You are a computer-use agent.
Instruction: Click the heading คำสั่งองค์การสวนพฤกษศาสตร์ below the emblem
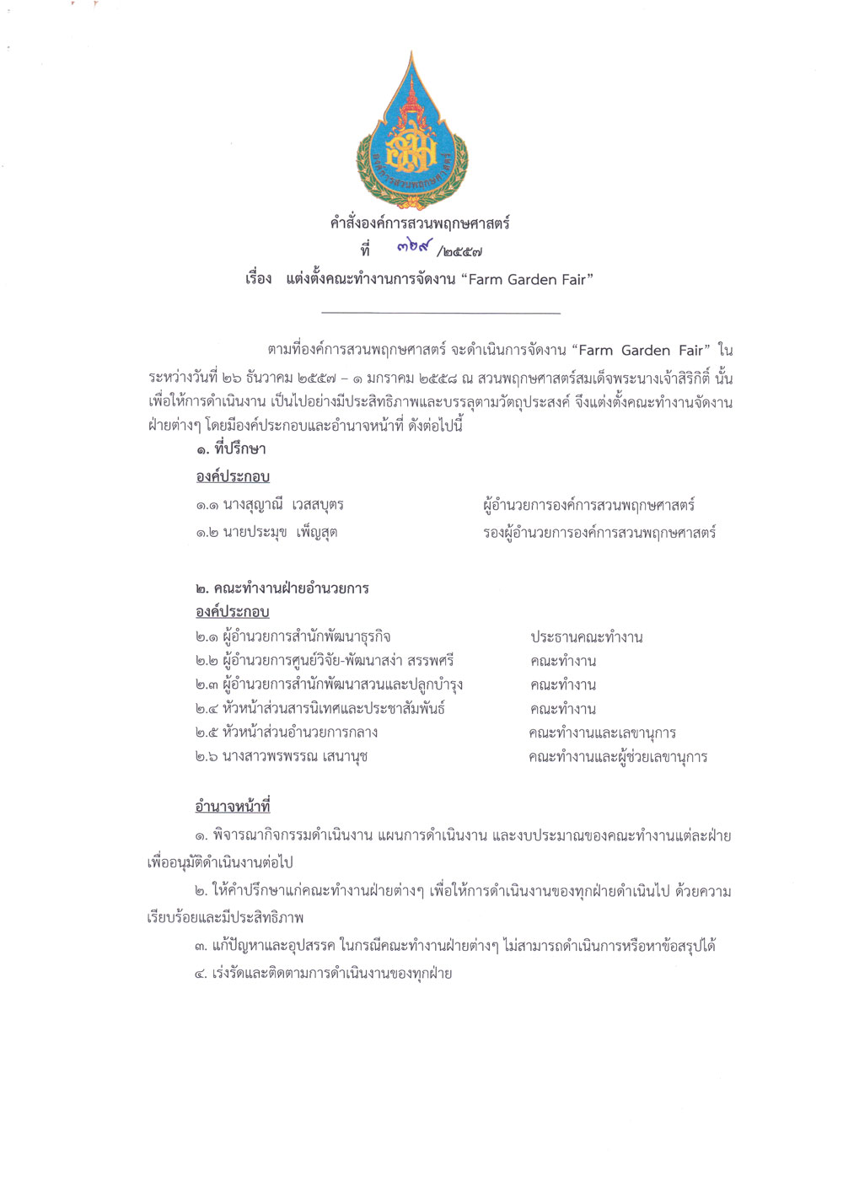pos(420,223)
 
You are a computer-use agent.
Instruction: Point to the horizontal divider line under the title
pos(441,314)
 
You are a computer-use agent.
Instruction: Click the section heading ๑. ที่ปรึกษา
pos(231,449)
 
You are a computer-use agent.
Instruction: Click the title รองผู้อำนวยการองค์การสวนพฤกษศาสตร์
pos(599,532)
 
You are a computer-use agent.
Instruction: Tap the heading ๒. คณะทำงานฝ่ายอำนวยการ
pos(282,588)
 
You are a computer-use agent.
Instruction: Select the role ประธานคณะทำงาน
pos(586,637)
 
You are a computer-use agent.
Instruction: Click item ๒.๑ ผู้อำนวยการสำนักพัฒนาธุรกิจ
pos(293,636)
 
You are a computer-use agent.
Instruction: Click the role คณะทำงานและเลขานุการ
pos(602,733)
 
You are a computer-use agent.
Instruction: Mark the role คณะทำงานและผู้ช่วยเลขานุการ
pos(618,757)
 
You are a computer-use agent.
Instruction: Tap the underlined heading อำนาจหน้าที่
pos(233,807)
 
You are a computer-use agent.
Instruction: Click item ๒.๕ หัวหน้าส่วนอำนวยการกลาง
pos(286,732)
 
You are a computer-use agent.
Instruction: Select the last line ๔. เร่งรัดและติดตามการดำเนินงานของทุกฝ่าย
pos(323,974)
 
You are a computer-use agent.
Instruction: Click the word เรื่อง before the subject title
pos(259,279)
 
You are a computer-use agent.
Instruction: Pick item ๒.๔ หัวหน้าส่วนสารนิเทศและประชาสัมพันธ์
pos(319,708)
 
